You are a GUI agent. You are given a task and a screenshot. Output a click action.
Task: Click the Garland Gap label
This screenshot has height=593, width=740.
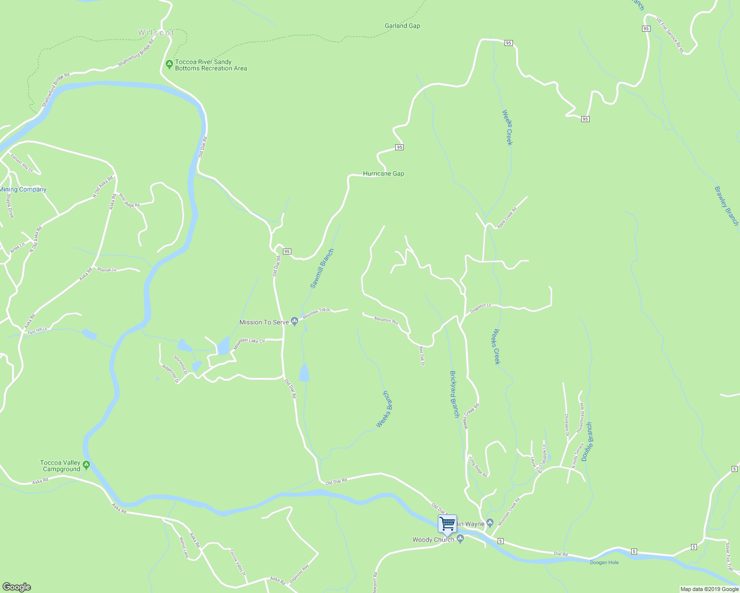(402, 26)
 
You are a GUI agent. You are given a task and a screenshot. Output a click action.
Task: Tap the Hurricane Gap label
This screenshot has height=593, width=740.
(383, 173)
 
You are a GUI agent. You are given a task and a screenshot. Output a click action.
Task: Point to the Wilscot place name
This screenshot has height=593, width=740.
(156, 33)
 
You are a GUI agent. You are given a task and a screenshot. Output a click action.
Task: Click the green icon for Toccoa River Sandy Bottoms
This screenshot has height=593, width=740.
(169, 64)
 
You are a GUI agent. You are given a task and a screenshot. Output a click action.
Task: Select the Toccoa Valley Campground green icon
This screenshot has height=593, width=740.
(86, 465)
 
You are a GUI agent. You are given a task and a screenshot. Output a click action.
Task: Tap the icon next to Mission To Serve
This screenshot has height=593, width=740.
(295, 322)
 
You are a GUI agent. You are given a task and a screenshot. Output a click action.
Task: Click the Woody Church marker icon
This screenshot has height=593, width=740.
(460, 539)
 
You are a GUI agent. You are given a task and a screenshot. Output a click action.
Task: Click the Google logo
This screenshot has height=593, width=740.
(16, 587)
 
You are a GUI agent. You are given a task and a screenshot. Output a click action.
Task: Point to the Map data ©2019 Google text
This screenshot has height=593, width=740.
(709, 589)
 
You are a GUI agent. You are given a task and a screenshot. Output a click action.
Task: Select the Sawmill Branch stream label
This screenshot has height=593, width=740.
(322, 268)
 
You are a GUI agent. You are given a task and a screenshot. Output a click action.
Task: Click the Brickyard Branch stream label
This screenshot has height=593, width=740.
(454, 394)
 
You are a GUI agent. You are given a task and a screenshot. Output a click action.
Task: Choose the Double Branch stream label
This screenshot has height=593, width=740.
(587, 442)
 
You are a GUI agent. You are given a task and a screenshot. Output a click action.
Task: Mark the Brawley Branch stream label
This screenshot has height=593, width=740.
(726, 206)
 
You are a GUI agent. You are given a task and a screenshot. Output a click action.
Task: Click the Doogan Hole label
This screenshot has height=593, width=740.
(604, 562)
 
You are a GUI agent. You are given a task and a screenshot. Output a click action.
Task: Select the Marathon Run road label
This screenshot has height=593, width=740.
(386, 320)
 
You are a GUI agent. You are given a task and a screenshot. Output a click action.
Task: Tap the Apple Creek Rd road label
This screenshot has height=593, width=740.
(507, 217)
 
